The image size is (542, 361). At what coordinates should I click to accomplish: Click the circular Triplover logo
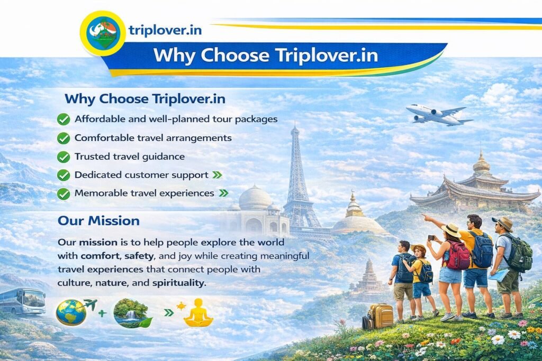point(103,33)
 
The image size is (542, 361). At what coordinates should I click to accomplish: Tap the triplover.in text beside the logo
point(165,30)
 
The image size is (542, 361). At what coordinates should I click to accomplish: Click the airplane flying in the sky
point(438,115)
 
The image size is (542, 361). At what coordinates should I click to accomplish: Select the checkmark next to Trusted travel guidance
point(64,156)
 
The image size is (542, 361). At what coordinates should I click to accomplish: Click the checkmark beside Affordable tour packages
point(64,119)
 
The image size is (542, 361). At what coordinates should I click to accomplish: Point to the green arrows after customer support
point(217,175)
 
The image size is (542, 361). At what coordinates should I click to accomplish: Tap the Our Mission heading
point(99,221)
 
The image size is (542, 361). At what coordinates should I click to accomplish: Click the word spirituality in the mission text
point(179,283)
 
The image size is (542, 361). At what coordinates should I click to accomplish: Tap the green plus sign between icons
point(102,313)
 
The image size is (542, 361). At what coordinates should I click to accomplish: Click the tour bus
point(22,301)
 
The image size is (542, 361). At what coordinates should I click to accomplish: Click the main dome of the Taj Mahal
point(256,198)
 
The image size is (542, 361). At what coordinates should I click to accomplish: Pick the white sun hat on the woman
point(451,229)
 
